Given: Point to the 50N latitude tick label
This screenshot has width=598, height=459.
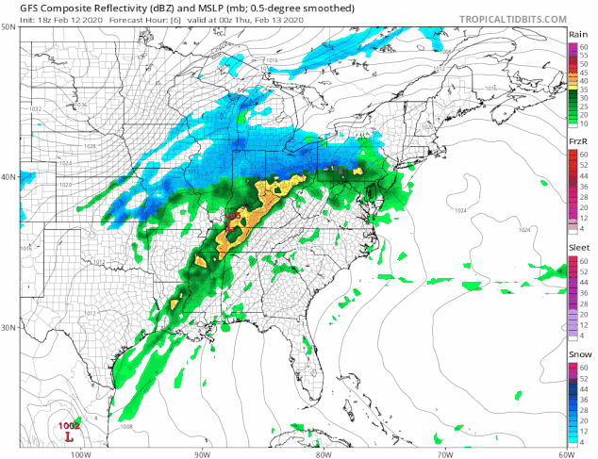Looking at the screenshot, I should click(8, 28).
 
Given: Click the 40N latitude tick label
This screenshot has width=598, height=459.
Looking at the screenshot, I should click(8, 177).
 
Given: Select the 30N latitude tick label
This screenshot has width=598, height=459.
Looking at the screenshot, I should click(8, 328).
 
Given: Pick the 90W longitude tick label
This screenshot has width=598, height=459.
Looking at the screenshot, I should click(201, 453).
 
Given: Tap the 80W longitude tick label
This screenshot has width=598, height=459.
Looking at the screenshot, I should click(323, 453).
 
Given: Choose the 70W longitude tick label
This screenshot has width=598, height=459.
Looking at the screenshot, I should click(443, 453).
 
